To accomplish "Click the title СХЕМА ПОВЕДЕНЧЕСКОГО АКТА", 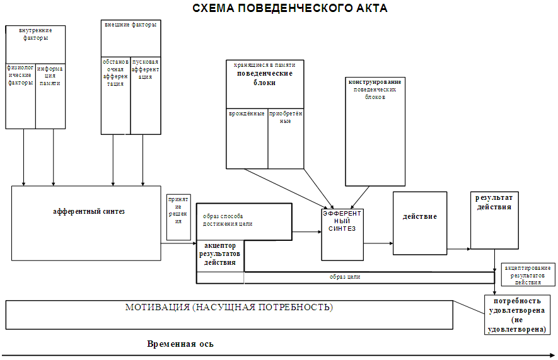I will tap(290, 8).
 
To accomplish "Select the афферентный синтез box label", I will tap(88, 212).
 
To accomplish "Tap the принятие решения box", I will tap(178, 211).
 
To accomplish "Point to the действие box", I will tap(419, 217).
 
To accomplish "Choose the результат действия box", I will tap(494, 202).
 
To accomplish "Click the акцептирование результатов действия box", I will tap(528, 275).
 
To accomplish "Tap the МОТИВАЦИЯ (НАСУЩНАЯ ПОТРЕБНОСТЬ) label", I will tap(229, 308).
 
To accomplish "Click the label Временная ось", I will tap(180, 344).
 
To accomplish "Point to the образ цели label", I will tap(345, 277).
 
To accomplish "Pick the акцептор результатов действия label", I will tap(220, 253).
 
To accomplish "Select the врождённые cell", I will tap(247, 114).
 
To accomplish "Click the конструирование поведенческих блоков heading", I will tap(375, 90).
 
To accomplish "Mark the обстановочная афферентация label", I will tap(115, 73).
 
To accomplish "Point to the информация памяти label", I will tap(50, 76).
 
